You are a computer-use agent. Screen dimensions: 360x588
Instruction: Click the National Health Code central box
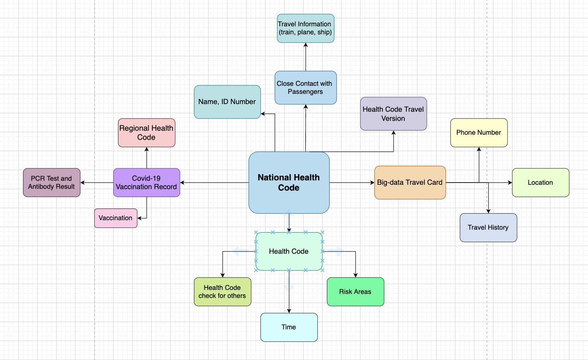tap(289, 183)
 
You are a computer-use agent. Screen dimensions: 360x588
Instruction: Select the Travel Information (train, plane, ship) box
tap(305, 28)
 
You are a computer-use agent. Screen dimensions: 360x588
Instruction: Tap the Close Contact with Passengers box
tap(305, 88)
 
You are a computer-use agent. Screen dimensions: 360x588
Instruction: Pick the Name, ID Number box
tap(227, 102)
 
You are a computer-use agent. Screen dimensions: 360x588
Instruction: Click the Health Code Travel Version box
tap(393, 114)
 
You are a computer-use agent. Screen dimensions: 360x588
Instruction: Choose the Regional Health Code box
tap(146, 133)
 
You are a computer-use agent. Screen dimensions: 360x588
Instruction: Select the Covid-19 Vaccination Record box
tap(146, 183)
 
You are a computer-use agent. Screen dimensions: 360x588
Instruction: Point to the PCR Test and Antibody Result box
tap(51, 183)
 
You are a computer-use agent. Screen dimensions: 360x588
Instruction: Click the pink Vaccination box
tap(115, 218)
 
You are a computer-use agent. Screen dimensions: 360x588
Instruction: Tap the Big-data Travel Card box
tap(410, 183)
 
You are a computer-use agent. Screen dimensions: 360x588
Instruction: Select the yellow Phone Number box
tap(479, 133)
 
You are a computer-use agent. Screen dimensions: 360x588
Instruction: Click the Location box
tap(541, 183)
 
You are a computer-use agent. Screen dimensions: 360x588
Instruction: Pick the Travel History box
tap(488, 227)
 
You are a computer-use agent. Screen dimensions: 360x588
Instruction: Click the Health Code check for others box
tap(222, 292)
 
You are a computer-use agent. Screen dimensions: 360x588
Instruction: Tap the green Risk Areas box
tap(355, 292)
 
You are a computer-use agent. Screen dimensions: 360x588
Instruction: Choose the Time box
tap(289, 327)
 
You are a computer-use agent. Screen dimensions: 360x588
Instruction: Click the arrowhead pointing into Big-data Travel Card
tap(372, 183)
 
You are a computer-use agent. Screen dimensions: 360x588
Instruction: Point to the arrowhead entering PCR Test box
tap(83, 183)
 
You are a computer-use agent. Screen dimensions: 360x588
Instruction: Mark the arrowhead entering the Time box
tap(289, 311)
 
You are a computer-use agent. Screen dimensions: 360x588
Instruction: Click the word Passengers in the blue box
tap(305, 92)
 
